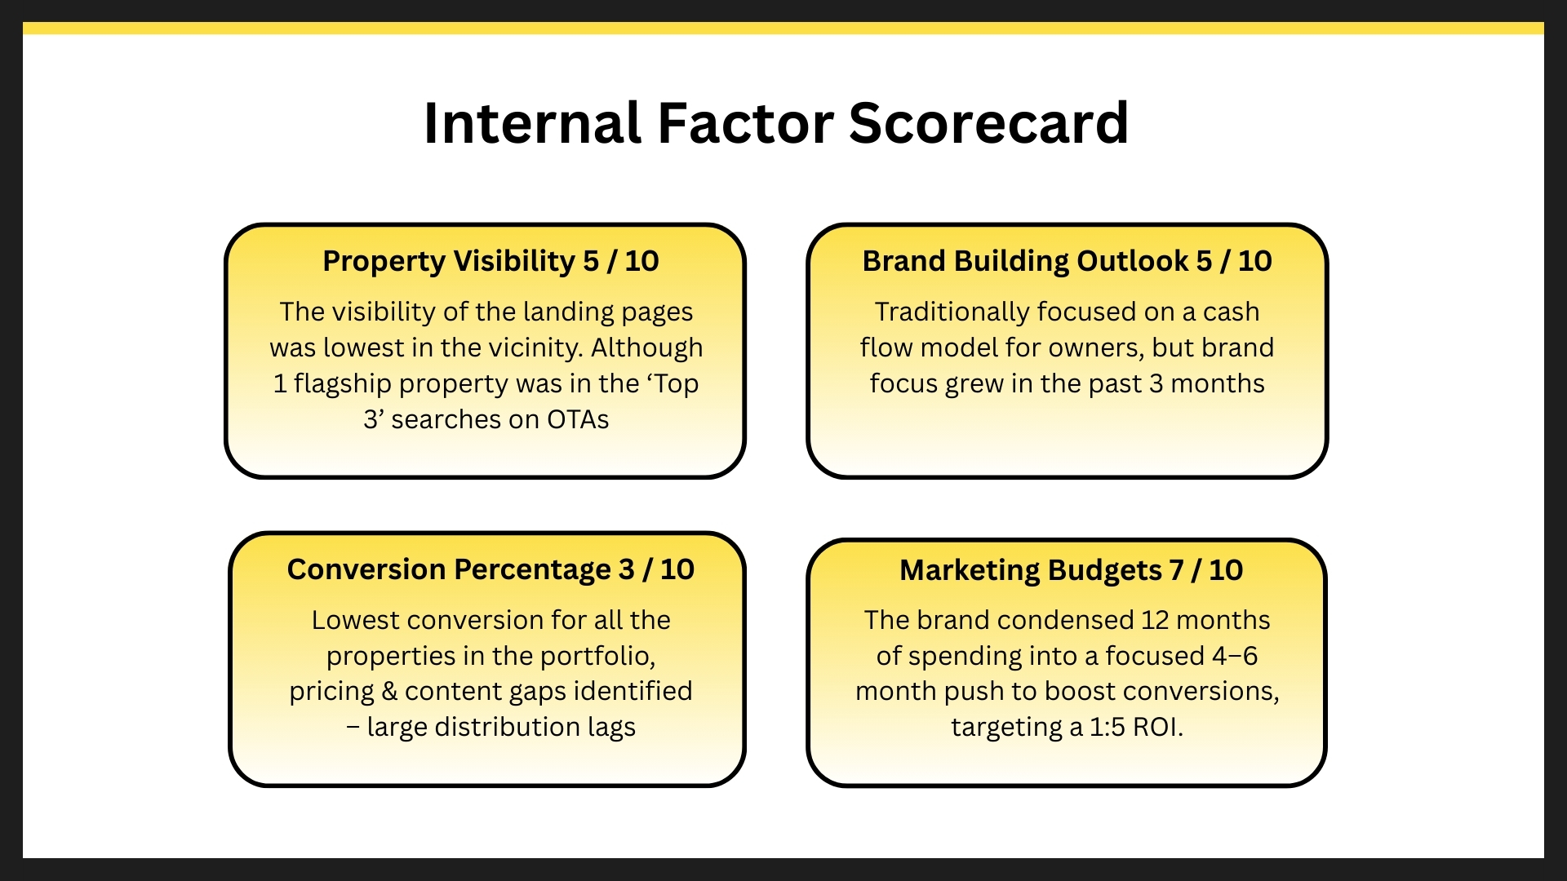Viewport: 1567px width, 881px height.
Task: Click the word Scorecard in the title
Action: point(988,123)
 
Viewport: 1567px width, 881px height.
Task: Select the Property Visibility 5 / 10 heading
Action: point(491,261)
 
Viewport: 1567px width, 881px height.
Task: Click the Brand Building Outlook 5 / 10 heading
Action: point(1067,261)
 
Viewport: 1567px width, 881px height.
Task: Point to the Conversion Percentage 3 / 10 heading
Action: point(491,569)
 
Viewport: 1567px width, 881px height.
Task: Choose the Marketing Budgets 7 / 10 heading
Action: point(1071,570)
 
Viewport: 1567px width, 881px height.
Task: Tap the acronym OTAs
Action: point(578,419)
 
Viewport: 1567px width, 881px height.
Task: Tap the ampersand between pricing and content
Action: point(389,692)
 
